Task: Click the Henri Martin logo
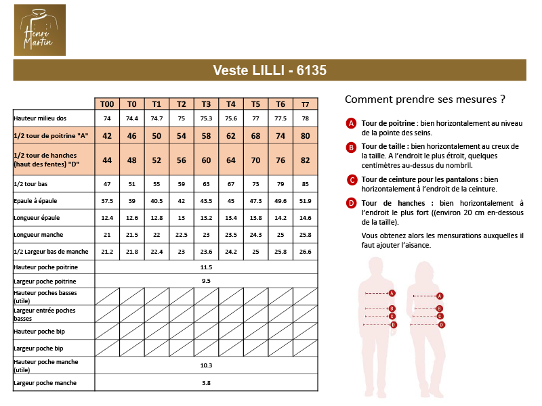point(40,30)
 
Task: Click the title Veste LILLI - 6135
point(270,70)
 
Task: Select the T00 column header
point(107,104)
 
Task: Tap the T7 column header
point(305,104)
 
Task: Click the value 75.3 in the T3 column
point(206,118)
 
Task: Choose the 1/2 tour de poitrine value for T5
point(255,136)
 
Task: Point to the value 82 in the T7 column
point(305,160)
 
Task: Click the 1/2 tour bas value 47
point(107,184)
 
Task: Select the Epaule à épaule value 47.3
point(255,201)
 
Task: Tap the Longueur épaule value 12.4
point(107,218)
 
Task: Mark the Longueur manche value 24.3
point(255,235)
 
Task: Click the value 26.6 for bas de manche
point(305,252)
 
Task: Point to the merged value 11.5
point(206,267)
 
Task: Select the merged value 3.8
point(206,383)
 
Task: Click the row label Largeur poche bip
point(39,348)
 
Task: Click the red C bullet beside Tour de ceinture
point(351,179)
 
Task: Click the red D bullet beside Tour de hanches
point(351,203)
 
